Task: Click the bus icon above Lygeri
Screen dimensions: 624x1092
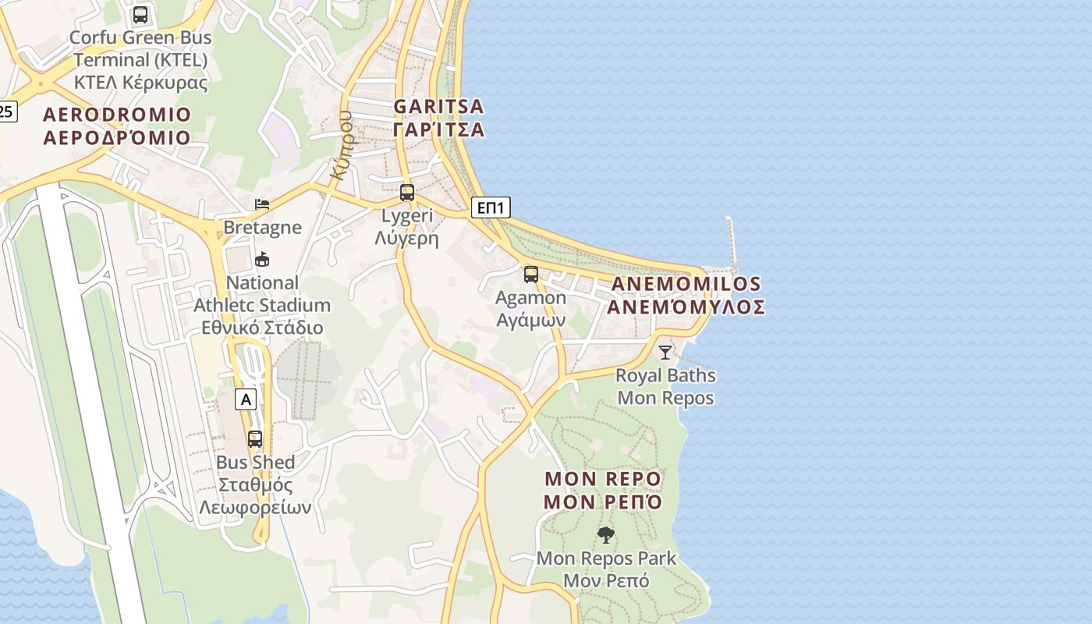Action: point(407,193)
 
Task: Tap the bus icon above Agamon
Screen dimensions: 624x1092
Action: point(531,275)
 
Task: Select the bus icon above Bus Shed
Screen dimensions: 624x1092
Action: point(255,439)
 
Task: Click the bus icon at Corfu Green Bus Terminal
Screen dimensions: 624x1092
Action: point(140,15)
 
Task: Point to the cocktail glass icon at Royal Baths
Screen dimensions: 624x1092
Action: point(665,353)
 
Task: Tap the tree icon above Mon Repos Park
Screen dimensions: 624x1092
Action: point(605,535)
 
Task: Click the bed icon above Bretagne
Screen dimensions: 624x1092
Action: point(262,205)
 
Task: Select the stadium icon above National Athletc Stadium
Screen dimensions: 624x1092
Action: point(262,260)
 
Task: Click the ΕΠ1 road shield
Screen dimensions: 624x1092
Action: point(491,207)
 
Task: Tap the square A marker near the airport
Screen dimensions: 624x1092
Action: point(246,400)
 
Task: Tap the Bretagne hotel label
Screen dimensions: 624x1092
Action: point(262,227)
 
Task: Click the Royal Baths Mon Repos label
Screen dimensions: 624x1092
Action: point(665,387)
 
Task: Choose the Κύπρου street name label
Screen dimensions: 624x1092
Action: point(343,145)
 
